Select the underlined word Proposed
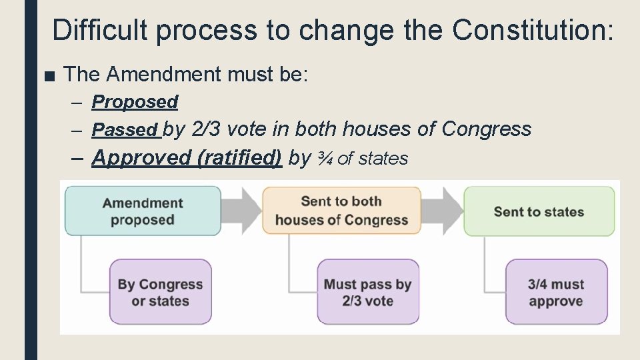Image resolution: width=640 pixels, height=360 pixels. point(135,102)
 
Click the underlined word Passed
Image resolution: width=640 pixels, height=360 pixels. point(125,129)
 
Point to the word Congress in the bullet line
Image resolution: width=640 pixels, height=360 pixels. point(487,129)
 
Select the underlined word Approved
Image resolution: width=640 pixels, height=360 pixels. point(131,157)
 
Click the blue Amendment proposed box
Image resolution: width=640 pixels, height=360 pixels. point(143,211)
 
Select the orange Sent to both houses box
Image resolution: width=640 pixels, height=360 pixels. point(341,211)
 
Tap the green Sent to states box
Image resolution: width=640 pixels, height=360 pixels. point(539,211)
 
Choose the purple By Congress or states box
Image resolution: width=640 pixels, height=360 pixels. point(160,292)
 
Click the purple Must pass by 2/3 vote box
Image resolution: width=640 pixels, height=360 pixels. point(367,292)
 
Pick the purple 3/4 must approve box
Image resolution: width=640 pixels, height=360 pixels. point(556,292)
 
